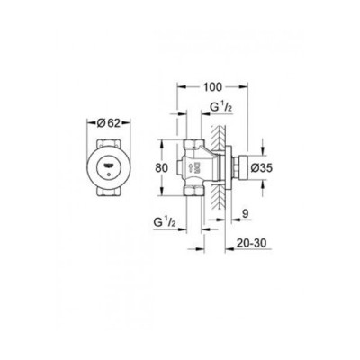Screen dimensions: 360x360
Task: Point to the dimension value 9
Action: [246, 212]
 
